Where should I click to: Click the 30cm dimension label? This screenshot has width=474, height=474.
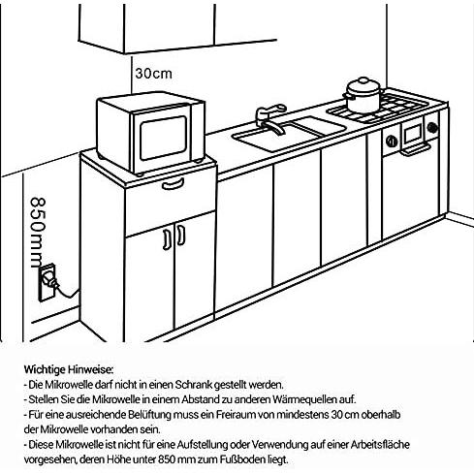click(153, 74)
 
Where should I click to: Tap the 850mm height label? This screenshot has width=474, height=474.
click(38, 233)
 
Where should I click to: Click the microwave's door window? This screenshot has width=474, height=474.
click(163, 138)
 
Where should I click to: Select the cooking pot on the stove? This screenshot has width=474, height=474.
click(363, 95)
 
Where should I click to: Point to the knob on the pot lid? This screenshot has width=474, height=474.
click(363, 79)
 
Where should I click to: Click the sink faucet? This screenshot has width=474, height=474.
click(270, 118)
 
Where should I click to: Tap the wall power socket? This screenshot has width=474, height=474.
click(47, 283)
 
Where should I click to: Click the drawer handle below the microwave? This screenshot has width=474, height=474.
click(174, 184)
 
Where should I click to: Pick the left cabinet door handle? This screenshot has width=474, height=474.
click(167, 239)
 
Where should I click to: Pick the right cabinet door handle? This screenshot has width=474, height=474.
click(181, 235)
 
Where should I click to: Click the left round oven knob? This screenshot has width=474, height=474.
click(392, 141)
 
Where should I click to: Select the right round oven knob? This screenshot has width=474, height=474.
click(432, 128)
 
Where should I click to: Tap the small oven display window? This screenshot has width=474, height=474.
click(413, 134)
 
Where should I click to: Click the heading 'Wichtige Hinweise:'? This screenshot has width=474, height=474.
click(69, 369)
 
